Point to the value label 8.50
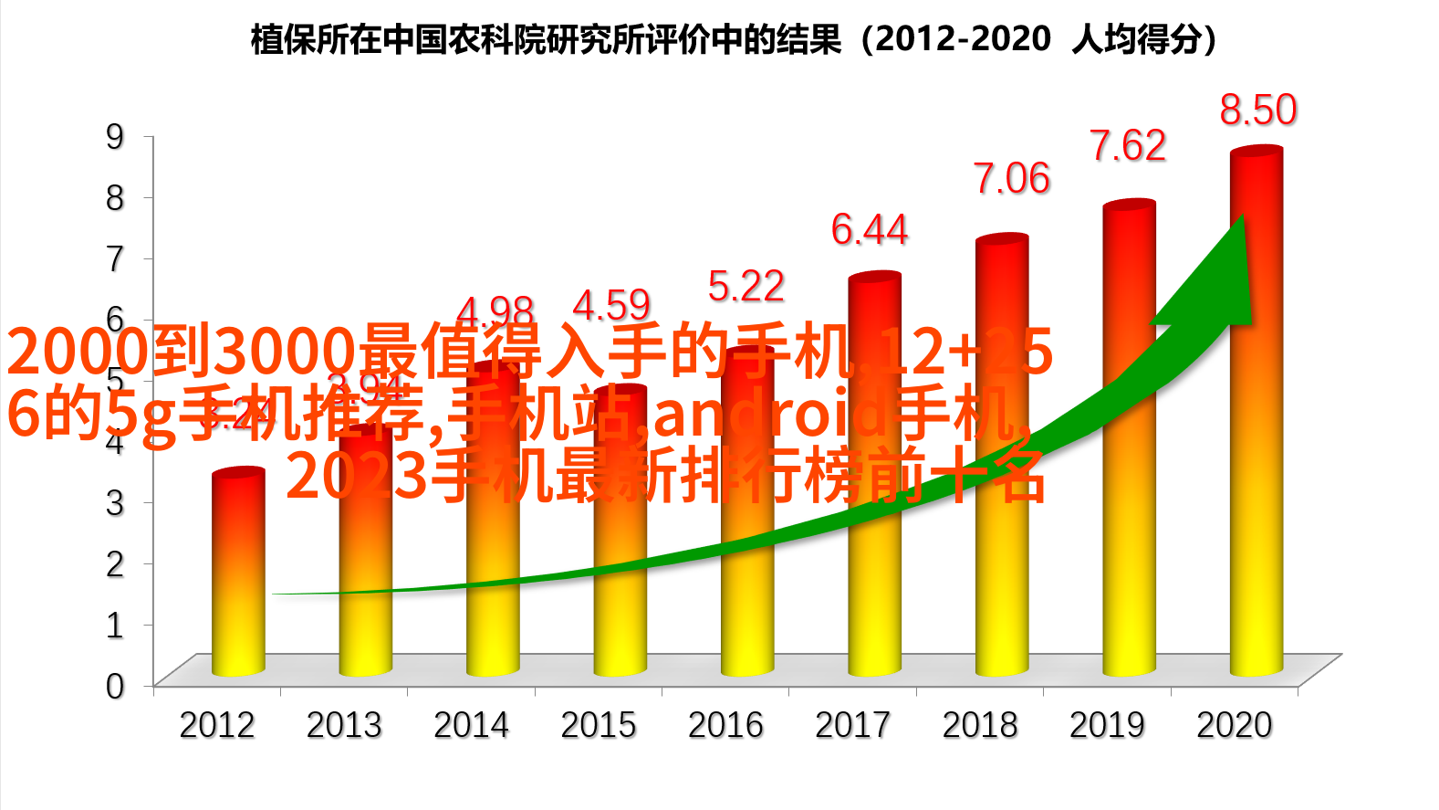[x=1257, y=110]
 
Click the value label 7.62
[x=1128, y=146]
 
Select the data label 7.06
[x=1011, y=179]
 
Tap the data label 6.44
[x=869, y=229]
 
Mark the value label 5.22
[x=746, y=287]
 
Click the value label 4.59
[x=611, y=305]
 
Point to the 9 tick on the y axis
[x=115, y=137]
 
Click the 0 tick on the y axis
[x=115, y=686]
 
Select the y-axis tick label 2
[x=115, y=563]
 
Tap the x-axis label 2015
[x=599, y=725]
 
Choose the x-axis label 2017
[x=852, y=725]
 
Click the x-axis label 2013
[x=344, y=725]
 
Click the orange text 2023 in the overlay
[x=357, y=477]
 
